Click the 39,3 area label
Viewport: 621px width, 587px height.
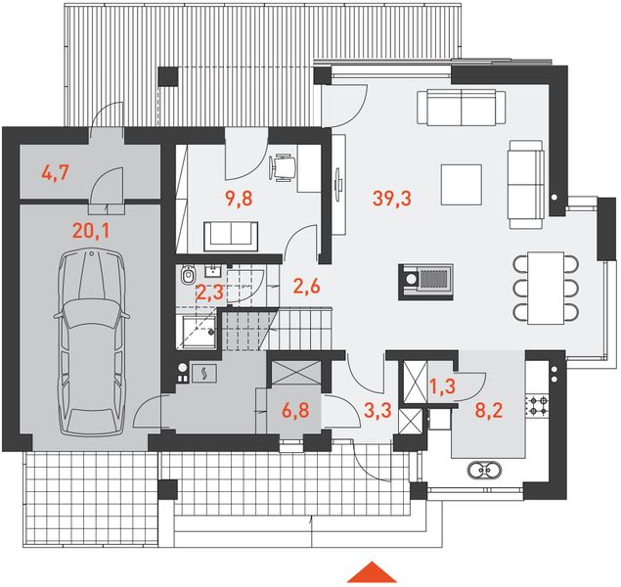pyautogui.click(x=392, y=198)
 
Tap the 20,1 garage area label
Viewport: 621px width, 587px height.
pyautogui.click(x=91, y=231)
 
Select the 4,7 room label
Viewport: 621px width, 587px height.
pyautogui.click(x=56, y=173)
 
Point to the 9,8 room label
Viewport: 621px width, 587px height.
pyautogui.click(x=239, y=198)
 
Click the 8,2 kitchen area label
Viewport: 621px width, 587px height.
pyautogui.click(x=489, y=410)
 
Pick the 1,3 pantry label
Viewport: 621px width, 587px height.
pyautogui.click(x=442, y=387)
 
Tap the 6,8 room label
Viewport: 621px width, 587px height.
pyautogui.click(x=295, y=410)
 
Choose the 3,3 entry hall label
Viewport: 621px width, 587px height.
pyautogui.click(x=377, y=410)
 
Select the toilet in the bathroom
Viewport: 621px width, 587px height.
pyautogui.click(x=188, y=274)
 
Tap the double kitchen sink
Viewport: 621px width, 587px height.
pyautogui.click(x=484, y=471)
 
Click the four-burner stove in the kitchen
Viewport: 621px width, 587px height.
pyautogui.click(x=537, y=405)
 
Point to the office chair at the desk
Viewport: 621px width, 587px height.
pyautogui.click(x=283, y=168)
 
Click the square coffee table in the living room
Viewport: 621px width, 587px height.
pyautogui.click(x=462, y=185)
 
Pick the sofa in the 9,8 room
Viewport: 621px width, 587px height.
pyautogui.click(x=231, y=236)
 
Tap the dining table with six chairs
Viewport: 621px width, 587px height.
pyautogui.click(x=546, y=288)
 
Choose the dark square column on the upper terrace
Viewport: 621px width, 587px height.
pyautogui.click(x=168, y=76)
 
